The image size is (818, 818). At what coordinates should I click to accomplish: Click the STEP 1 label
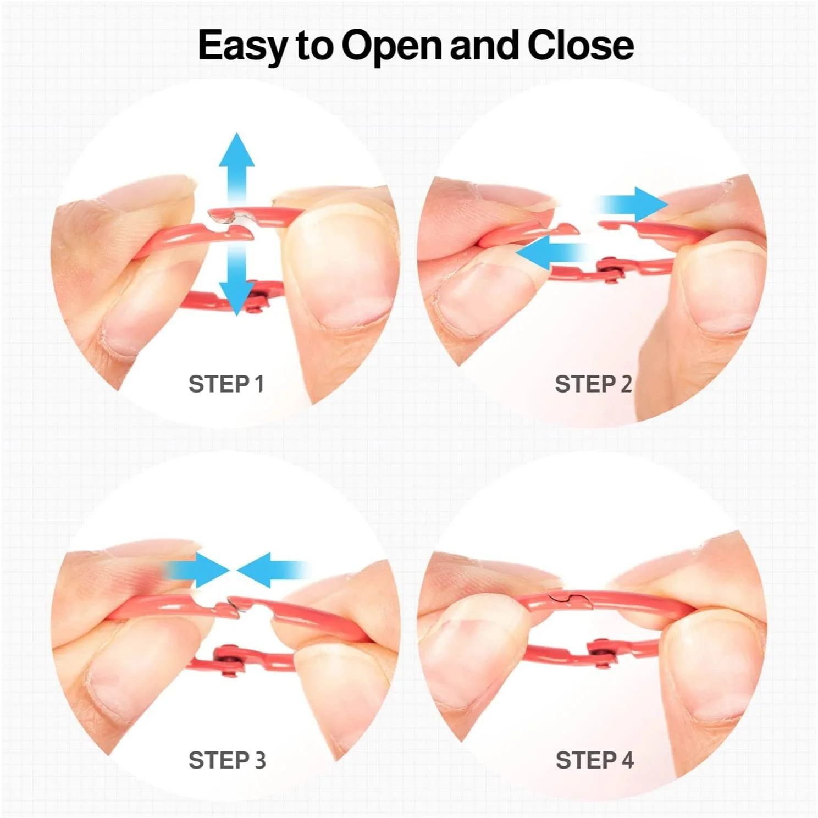(x=226, y=384)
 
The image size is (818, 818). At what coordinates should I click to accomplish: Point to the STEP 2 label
(x=593, y=384)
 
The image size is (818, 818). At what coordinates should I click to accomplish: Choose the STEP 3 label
(x=227, y=760)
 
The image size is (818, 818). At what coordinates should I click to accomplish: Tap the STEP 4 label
(x=594, y=760)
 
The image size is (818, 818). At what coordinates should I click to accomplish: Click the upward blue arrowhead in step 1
(x=237, y=150)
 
